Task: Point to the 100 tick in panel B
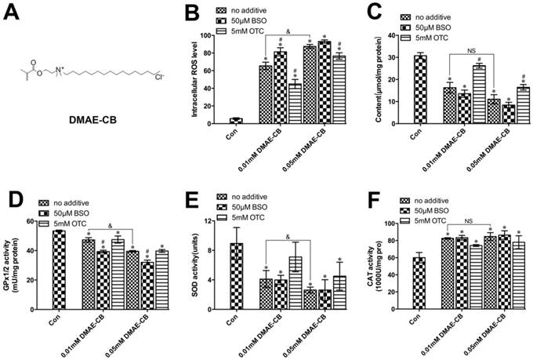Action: click(x=205, y=35)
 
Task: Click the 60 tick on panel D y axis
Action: click(x=30, y=222)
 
